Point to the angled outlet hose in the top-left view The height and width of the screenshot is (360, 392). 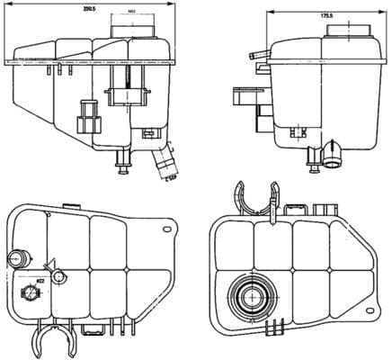click(165, 165)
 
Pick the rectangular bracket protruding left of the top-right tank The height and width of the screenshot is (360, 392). click(243, 99)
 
